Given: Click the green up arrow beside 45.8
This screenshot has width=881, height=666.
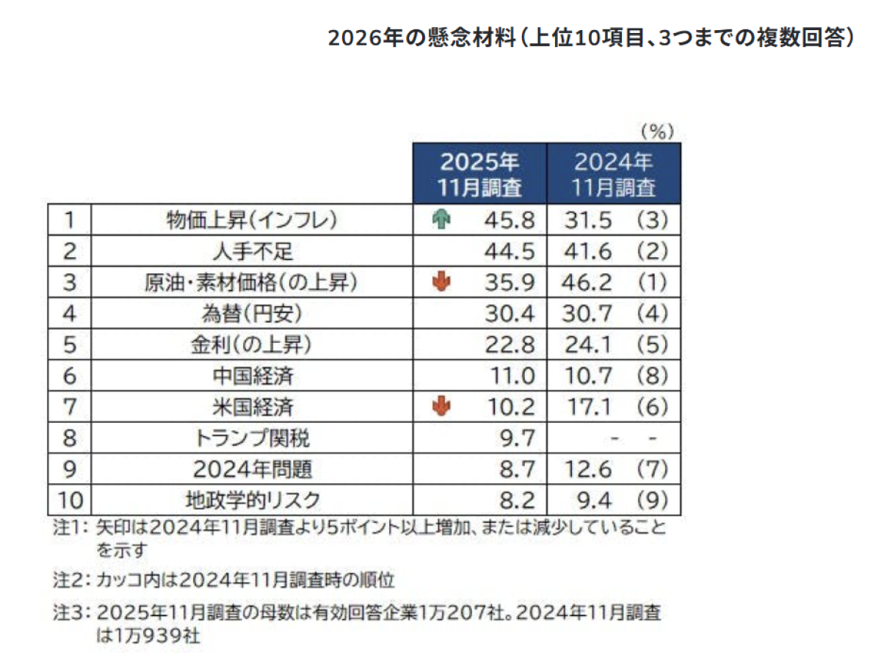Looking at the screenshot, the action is point(440,220).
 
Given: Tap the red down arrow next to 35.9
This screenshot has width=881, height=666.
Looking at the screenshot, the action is point(440,281).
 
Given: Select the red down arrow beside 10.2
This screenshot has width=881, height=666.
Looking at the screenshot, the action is point(440,406).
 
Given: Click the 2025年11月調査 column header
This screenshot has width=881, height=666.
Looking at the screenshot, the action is point(479,174).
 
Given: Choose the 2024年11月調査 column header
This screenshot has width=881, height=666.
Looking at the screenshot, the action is point(613,174).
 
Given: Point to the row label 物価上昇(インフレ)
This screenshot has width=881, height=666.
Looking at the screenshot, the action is point(252,220).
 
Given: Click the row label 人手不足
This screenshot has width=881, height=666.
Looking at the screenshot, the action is point(253,251).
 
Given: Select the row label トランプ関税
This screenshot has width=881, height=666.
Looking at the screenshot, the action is point(252,438).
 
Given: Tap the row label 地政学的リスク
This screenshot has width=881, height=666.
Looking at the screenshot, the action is point(253,500).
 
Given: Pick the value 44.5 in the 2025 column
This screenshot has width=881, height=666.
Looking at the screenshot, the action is point(510,252).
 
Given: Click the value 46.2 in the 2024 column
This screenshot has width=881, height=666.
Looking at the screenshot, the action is point(587,283).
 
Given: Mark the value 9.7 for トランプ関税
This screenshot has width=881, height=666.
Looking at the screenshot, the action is point(517,438).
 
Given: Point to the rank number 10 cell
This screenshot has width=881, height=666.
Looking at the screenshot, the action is point(70,500).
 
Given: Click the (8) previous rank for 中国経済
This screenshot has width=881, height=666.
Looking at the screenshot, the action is point(652,376).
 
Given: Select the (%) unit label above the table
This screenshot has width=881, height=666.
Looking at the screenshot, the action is point(657,131).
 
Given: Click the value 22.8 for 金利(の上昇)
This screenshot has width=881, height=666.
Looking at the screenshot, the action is point(510,345).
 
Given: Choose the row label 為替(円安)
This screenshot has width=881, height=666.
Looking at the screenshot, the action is point(252,314).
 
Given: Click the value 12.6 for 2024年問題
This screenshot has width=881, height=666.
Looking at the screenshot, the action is point(588,469).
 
